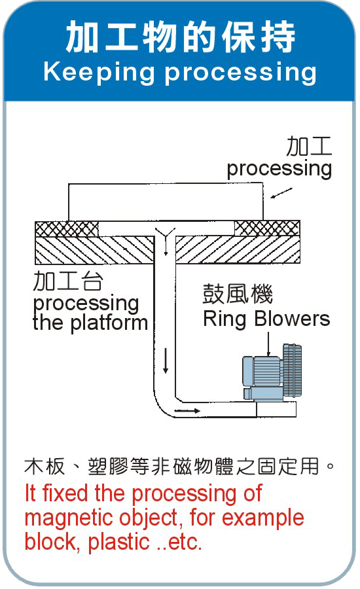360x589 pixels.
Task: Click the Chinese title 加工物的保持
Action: [181, 37]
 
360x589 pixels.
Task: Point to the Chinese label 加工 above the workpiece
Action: [309, 146]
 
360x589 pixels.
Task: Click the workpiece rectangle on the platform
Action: [166, 202]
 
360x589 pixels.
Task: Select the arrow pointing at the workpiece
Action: [281, 193]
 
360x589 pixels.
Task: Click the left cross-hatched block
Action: [67, 229]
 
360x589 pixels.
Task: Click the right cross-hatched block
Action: [267, 228]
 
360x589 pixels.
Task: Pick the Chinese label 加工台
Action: [67, 281]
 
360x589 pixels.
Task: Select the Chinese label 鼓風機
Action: [238, 294]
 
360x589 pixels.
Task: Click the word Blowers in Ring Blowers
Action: [293, 319]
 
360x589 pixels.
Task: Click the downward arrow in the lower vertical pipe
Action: [166, 361]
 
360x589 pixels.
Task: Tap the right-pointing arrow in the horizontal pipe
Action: [187, 410]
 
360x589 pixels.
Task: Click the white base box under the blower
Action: [276, 410]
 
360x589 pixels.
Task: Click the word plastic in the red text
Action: [119, 542]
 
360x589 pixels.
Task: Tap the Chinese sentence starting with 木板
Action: [179, 467]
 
